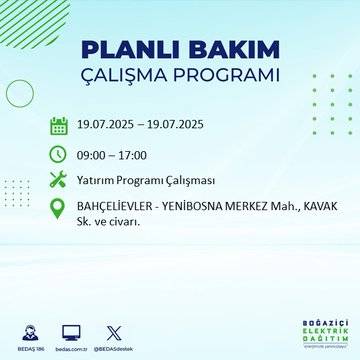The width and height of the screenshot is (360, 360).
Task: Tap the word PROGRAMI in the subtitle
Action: (233, 76)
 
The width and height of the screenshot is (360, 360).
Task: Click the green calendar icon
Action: (59, 125)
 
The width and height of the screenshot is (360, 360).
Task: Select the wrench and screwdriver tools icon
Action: (59, 180)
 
